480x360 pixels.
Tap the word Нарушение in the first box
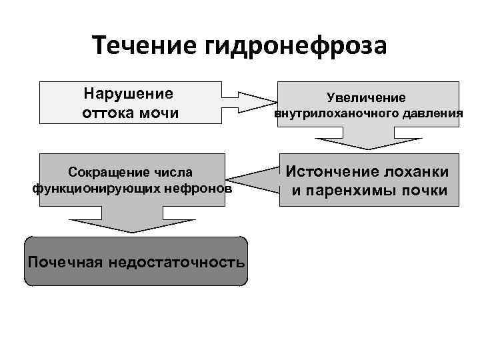(129, 93)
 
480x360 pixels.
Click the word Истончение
(331, 172)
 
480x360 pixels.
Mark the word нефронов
(201, 189)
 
